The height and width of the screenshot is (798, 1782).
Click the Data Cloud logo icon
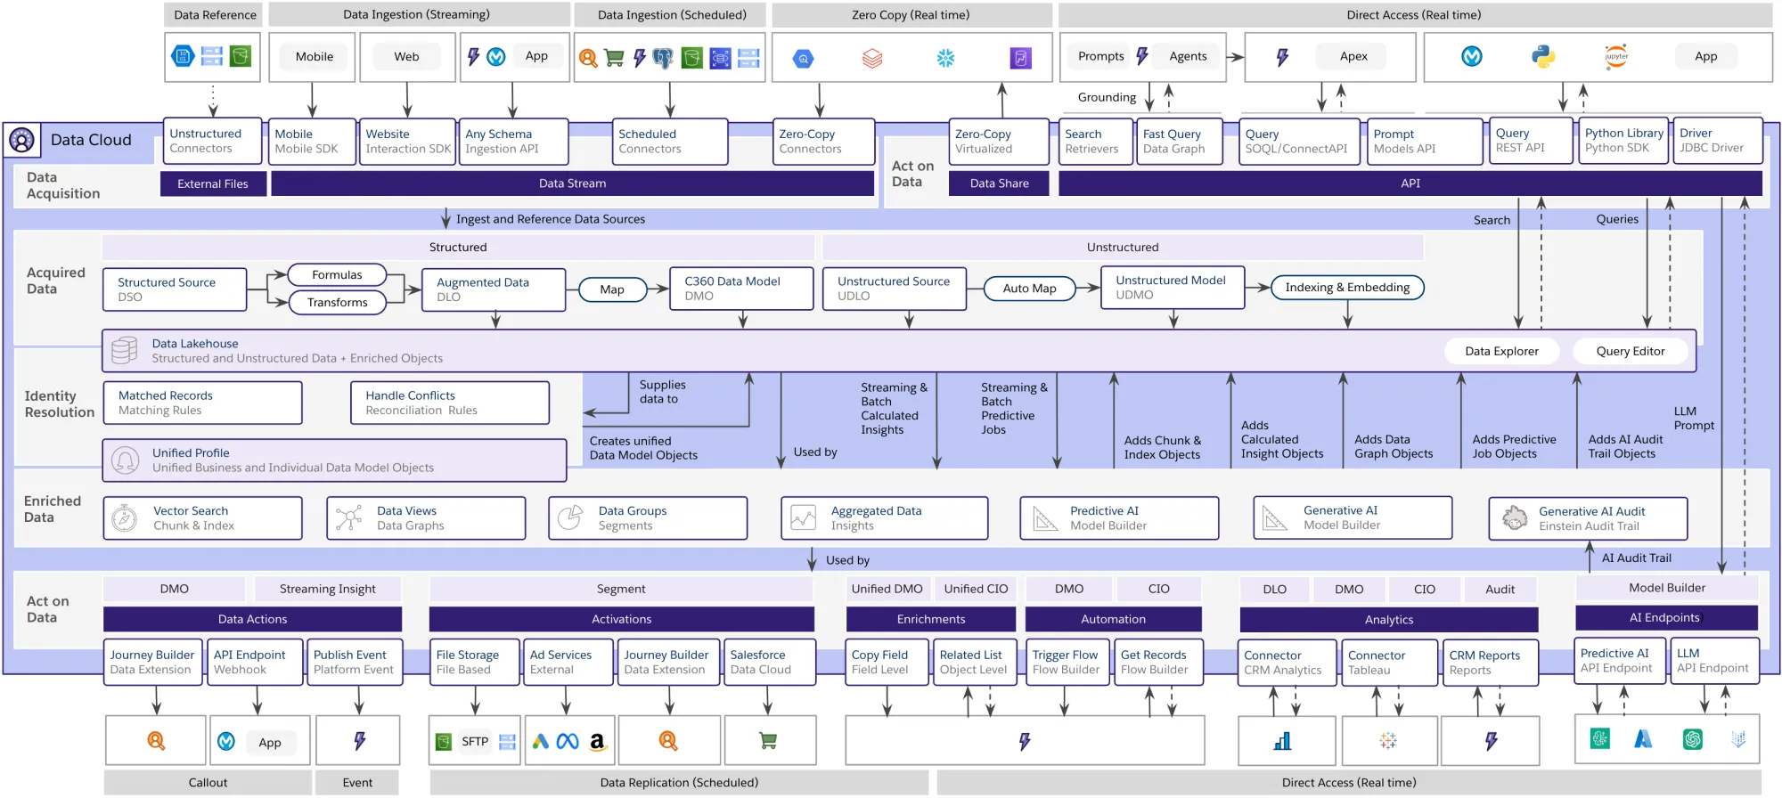pos(21,140)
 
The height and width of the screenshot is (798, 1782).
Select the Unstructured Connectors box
pos(212,141)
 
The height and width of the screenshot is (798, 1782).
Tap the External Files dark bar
pos(212,183)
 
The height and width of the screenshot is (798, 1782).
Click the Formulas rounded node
pos(337,274)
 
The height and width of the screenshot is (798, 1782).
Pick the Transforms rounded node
pos(337,302)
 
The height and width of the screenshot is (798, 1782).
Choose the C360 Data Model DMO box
pos(740,288)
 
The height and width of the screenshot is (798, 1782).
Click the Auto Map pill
pos(1029,288)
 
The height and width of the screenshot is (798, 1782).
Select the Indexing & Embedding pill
pos(1346,287)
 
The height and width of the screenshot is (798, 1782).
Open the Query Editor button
pos(1630,351)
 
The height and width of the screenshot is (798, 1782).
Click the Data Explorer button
pos(1501,351)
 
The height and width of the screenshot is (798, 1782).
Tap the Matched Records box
pos(202,403)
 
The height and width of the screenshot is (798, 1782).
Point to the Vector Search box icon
pos(125,517)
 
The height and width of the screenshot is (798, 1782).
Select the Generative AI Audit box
pos(1588,518)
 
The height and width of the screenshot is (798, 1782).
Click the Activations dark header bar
pos(621,619)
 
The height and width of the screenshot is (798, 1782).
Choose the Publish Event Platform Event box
pos(355,662)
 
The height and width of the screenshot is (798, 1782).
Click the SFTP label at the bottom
pos(475,741)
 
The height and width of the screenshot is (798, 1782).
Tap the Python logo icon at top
pos(1543,56)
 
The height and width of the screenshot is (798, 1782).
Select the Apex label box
pos(1353,56)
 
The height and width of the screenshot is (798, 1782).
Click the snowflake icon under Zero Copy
pos(945,58)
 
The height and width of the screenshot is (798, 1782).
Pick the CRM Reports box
pos(1489,662)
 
